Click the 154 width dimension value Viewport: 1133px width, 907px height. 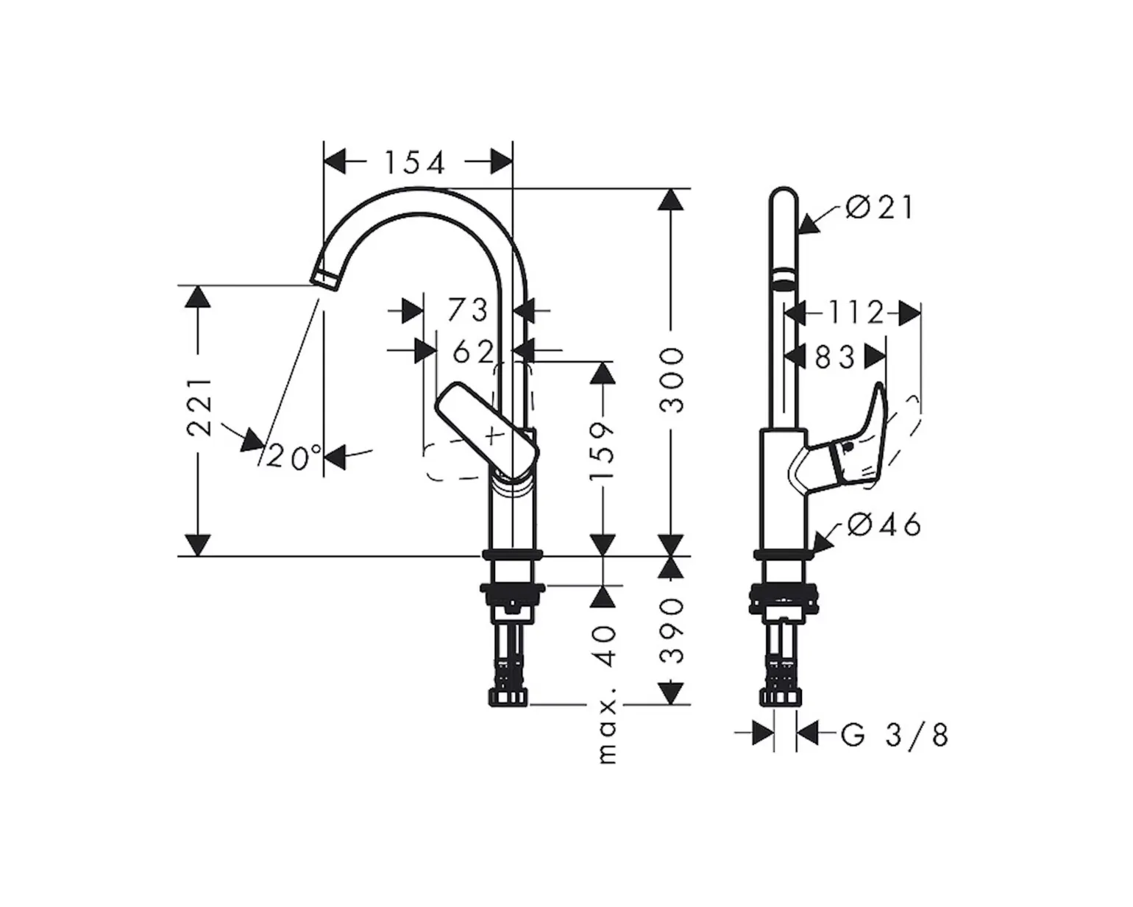(x=414, y=163)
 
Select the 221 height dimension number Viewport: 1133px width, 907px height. (x=200, y=407)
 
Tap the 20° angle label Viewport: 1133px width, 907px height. (x=294, y=456)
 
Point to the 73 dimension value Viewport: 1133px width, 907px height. (x=467, y=310)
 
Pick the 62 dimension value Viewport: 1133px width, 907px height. (x=473, y=351)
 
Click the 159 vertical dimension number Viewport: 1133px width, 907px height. (x=602, y=451)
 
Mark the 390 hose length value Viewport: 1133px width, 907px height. (x=672, y=630)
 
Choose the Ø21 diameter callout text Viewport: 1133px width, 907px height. (x=880, y=207)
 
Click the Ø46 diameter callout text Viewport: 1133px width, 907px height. (x=884, y=524)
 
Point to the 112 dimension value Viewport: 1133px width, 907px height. (x=856, y=313)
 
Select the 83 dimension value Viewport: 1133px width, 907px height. (x=835, y=358)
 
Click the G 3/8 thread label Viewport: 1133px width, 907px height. (x=895, y=735)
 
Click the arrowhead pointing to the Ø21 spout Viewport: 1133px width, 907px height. (x=810, y=224)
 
